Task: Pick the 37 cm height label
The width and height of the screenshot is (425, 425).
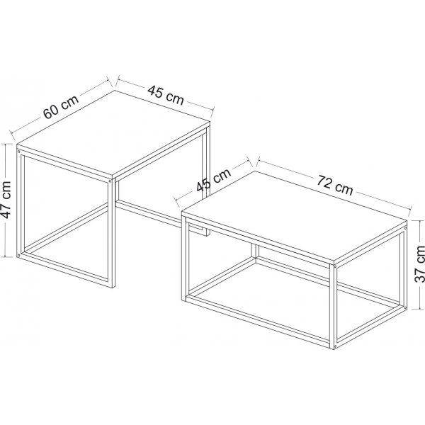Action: (419, 264)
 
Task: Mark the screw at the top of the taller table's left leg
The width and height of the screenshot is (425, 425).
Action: (18, 149)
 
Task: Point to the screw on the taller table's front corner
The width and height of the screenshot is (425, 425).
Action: (111, 181)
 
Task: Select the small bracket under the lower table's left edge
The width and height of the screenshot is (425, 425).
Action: (202, 230)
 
